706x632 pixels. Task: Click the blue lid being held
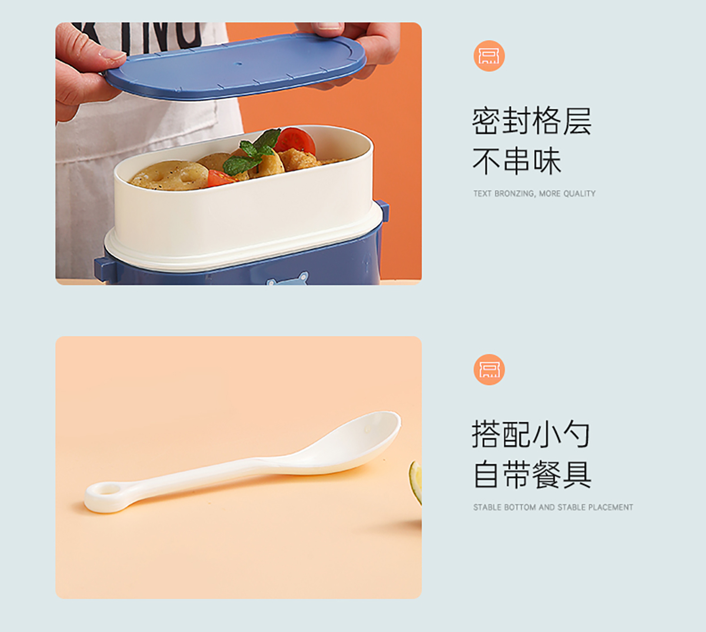tap(235, 66)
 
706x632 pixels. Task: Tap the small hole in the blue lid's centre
tap(238, 64)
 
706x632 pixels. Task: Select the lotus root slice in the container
tap(169, 175)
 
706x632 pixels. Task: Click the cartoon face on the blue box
tap(288, 279)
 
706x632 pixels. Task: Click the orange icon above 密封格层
tap(489, 56)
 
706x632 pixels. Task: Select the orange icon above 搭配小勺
tap(489, 370)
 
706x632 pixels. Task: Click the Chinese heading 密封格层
tap(532, 121)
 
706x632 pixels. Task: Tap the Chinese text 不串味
tap(517, 161)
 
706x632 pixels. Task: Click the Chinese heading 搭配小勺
tap(531, 434)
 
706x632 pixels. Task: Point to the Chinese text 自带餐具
tap(532, 474)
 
